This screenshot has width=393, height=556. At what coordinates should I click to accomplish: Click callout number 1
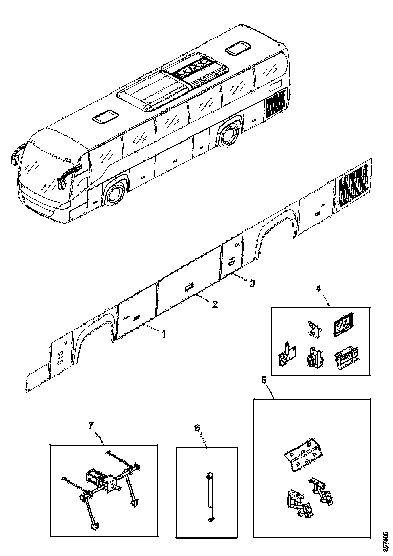163,334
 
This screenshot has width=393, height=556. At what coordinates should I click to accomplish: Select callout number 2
215,304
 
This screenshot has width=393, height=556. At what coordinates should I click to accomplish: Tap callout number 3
251,283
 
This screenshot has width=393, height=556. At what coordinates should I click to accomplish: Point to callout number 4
318,289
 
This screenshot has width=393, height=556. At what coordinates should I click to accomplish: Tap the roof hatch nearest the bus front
105,117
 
